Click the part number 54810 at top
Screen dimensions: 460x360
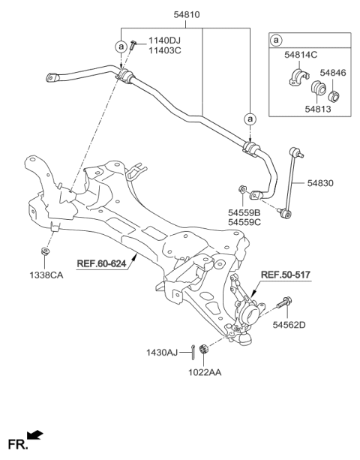point(183,14)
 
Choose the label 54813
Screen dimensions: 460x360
point(316,110)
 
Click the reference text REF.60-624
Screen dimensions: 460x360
point(103,263)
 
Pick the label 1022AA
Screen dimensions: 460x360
point(204,370)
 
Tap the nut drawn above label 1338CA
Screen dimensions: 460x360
point(45,251)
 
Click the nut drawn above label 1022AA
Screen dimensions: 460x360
point(204,350)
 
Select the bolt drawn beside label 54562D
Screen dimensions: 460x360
point(286,305)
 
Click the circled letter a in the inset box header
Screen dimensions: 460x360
point(277,40)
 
